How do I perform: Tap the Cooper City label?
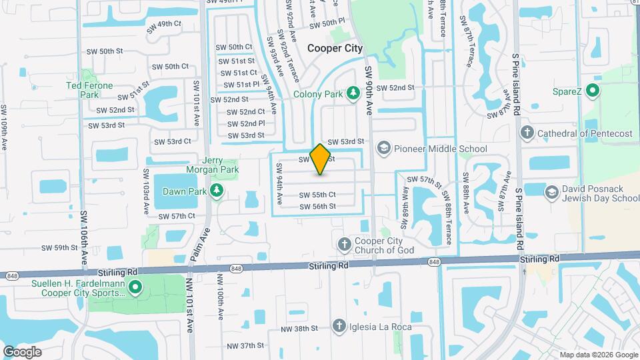pyautogui.click(x=335, y=48)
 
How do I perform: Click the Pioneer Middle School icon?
pyautogui.click(x=383, y=147)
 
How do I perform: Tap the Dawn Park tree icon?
pyautogui.click(x=216, y=192)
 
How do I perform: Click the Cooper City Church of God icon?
pyautogui.click(x=345, y=244)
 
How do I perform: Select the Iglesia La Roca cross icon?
pyautogui.click(x=340, y=327)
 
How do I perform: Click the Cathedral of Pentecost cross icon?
pyautogui.click(x=527, y=133)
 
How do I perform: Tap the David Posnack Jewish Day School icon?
pyautogui.click(x=551, y=193)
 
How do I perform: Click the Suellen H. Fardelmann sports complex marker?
pyautogui.click(x=135, y=287)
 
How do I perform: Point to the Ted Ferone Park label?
pyautogui.click(x=89, y=89)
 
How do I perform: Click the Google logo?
pyautogui.click(x=22, y=351)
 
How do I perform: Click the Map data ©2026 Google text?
pyautogui.click(x=597, y=355)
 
